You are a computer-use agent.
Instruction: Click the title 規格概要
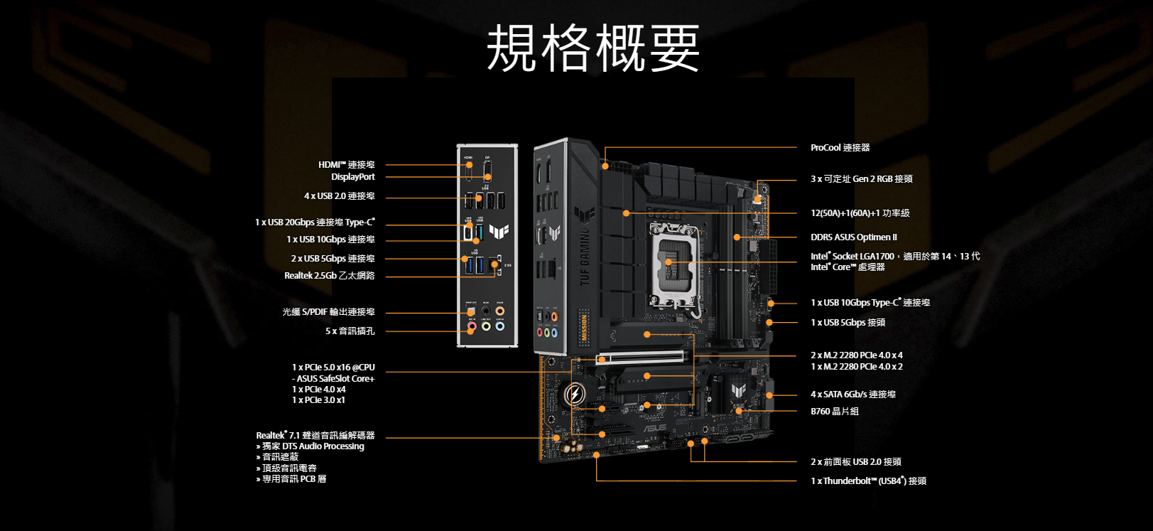click(593, 48)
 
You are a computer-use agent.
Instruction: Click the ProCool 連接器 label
click(840, 148)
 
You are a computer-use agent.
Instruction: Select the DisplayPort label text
click(352, 177)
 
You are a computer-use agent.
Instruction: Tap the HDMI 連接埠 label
click(346, 165)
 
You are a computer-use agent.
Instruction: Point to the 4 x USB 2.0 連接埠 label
click(339, 196)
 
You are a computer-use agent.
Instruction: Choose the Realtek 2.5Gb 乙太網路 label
click(329, 276)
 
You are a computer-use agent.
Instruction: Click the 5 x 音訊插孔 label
click(350, 331)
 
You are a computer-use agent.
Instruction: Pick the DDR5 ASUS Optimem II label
click(853, 237)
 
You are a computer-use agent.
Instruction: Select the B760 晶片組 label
click(835, 412)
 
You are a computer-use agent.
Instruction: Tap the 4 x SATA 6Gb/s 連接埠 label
click(852, 395)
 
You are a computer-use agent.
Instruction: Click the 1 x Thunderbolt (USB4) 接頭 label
click(868, 481)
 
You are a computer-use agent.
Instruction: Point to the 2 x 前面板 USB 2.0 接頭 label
click(855, 462)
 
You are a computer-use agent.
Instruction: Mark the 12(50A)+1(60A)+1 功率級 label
click(860, 213)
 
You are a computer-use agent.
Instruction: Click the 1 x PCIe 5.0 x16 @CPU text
click(333, 368)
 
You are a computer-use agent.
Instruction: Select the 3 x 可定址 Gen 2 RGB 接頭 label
click(861, 179)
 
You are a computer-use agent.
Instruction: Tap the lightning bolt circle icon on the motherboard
click(574, 394)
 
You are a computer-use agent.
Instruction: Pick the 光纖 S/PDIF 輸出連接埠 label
click(328, 312)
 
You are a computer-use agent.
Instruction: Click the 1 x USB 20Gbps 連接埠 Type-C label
click(315, 222)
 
